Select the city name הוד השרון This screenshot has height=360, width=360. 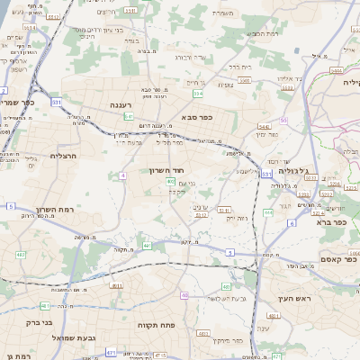point(166,169)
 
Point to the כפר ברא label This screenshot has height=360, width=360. point(332,220)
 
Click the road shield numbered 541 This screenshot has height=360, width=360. point(130,116)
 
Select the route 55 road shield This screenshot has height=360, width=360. point(284,119)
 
